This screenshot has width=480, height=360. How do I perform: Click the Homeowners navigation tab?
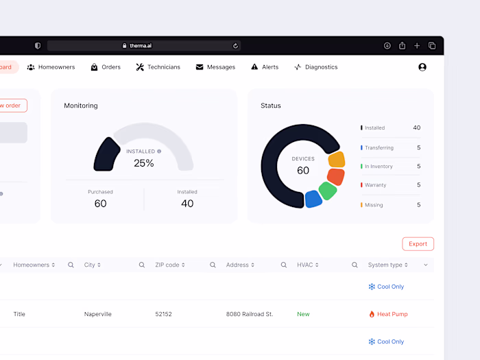[x=51, y=67]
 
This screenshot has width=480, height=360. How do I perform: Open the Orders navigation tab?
[x=106, y=67]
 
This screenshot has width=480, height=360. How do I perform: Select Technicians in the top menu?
[x=158, y=67]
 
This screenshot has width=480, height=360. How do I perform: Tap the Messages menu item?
[x=215, y=67]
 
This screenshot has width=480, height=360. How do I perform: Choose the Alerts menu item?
[x=265, y=67]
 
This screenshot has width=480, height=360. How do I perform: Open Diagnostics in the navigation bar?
[x=316, y=67]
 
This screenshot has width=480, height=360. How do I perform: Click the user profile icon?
[x=422, y=67]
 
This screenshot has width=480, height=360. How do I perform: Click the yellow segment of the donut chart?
[x=336, y=160]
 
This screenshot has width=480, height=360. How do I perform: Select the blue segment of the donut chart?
[x=313, y=199]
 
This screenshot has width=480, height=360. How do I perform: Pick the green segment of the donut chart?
[x=328, y=191]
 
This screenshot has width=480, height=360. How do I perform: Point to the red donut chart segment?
[x=335, y=176]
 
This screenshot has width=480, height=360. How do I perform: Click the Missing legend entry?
[x=374, y=205]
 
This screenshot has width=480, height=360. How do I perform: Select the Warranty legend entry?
[x=375, y=185]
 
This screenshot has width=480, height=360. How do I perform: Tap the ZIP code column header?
[x=167, y=265]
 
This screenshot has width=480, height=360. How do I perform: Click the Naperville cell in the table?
[x=98, y=314]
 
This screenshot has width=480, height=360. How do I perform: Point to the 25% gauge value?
[x=144, y=163]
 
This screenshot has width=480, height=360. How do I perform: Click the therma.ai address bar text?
[x=141, y=46]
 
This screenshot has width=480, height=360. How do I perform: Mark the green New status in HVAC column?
[x=303, y=314]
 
